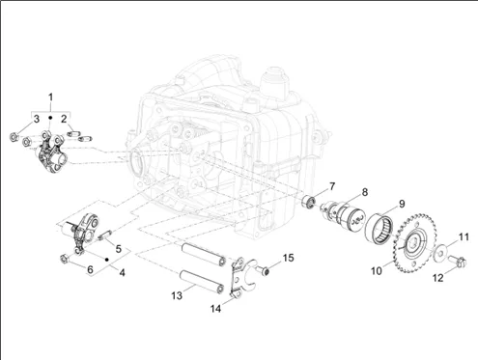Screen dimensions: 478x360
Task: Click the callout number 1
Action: tap(50, 97)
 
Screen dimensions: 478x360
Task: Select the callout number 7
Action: tap(331, 186)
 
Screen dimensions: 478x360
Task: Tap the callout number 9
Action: tap(402, 204)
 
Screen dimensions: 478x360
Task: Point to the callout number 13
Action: tap(177, 295)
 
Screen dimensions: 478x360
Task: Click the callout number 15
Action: tap(289, 258)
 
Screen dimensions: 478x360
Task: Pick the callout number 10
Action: tap(377, 271)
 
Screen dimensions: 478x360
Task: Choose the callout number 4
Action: tap(122, 273)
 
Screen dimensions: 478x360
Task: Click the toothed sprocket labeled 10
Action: tap(414, 243)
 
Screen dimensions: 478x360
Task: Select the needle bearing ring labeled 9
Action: tap(380, 230)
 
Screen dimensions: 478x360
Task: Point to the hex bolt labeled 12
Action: tap(458, 261)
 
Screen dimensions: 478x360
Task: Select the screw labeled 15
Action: tap(263, 270)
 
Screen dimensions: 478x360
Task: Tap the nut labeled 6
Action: tap(64, 259)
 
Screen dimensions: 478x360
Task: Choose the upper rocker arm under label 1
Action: tap(51, 152)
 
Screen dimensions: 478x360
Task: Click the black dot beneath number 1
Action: tap(50, 118)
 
